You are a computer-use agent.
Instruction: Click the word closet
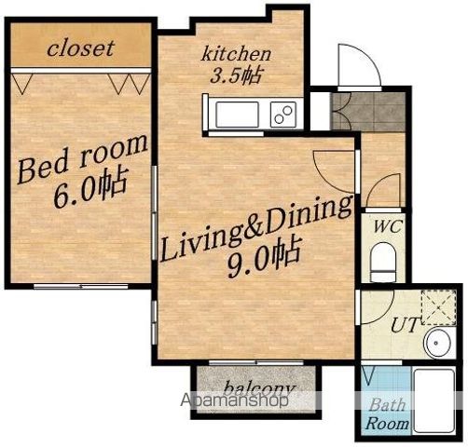pyautogui.click(x=81, y=48)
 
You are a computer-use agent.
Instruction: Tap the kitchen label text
pyautogui.click(x=236, y=53)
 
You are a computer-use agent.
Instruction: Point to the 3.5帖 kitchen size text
pyautogui.click(x=235, y=75)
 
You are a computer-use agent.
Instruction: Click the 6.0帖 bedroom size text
pyautogui.click(x=90, y=188)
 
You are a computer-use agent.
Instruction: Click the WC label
pyautogui.click(x=388, y=226)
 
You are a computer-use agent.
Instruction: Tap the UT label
pyautogui.click(x=405, y=325)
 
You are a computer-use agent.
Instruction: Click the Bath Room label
pyautogui.click(x=388, y=414)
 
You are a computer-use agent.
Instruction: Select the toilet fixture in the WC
pyautogui.click(x=384, y=262)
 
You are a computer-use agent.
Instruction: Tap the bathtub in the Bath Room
pyautogui.click(x=434, y=401)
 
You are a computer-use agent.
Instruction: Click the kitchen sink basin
pyautogui.click(x=238, y=115)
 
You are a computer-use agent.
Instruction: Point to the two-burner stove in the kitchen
pyautogui.click(x=283, y=115)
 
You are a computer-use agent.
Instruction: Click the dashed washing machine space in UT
pyautogui.click(x=438, y=307)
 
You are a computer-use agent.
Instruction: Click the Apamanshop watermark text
pyautogui.click(x=234, y=400)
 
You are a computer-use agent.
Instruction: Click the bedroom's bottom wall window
pyautogui.click(x=81, y=286)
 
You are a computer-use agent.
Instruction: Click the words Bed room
pyautogui.click(x=83, y=158)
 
